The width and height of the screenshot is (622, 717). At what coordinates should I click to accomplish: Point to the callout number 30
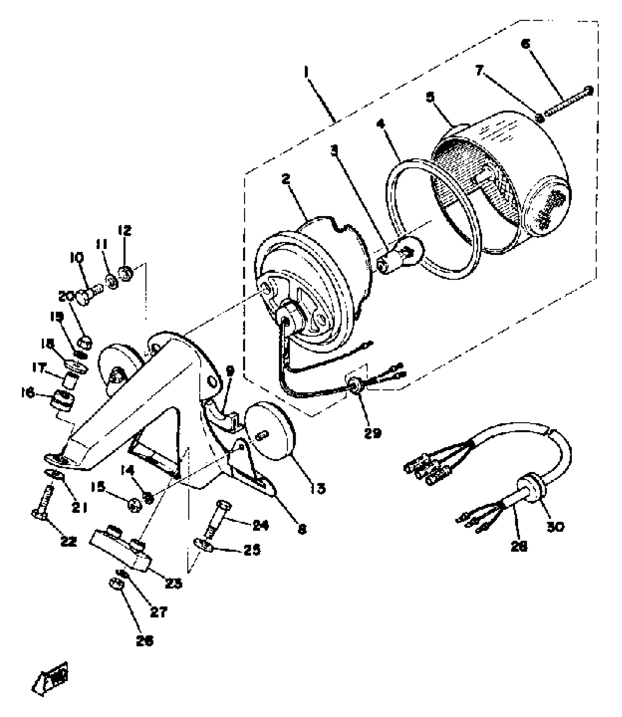(555, 526)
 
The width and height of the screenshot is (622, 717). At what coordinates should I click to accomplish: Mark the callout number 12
(124, 231)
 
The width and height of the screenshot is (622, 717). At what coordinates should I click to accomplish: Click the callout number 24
(261, 525)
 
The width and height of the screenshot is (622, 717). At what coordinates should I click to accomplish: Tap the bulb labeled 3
(401, 256)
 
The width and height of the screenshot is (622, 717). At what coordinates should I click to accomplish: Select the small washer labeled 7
(539, 117)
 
